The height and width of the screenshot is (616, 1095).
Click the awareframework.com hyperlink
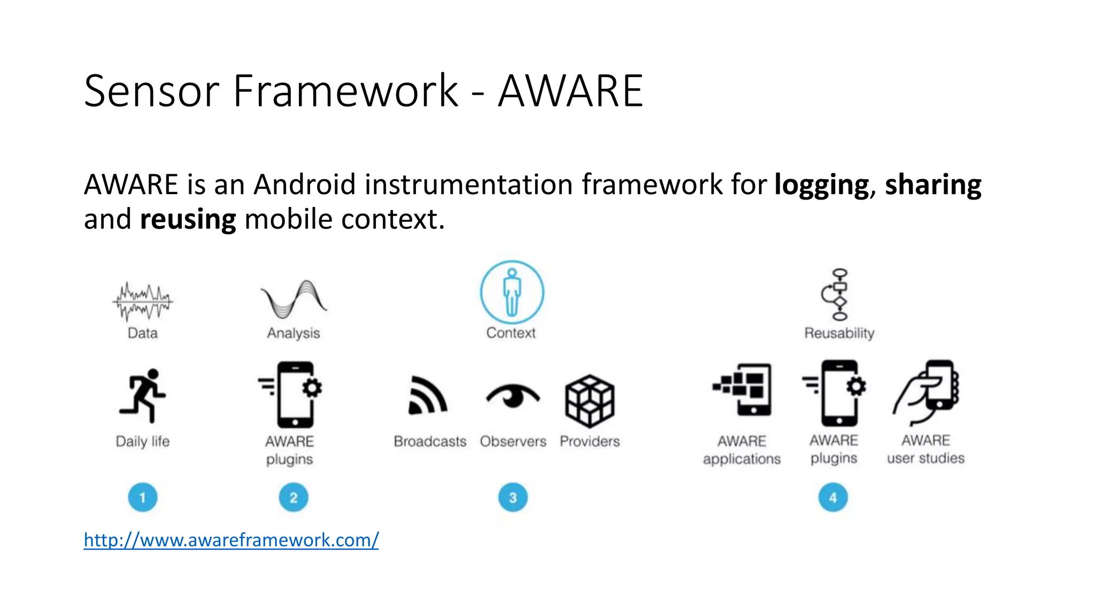pyautogui.click(x=231, y=540)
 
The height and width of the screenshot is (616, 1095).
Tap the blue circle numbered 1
pyautogui.click(x=143, y=498)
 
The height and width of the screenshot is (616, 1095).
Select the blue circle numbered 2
pyautogui.click(x=294, y=498)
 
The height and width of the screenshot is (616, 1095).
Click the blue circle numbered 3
pyautogui.click(x=513, y=498)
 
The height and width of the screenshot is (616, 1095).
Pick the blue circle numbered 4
pyautogui.click(x=833, y=498)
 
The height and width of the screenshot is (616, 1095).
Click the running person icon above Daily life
pyautogui.click(x=143, y=396)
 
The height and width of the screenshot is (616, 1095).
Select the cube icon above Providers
pyautogui.click(x=590, y=401)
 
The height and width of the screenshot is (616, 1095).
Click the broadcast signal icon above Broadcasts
pyautogui.click(x=427, y=396)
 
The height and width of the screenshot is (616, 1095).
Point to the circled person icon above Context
pyautogui.click(x=512, y=292)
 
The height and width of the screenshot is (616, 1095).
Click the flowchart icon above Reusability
pyautogui.click(x=838, y=295)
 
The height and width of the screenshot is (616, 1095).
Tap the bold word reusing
pyautogui.click(x=188, y=220)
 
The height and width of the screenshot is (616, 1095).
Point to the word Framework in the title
pyautogui.click(x=345, y=91)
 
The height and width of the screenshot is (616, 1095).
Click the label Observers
pyautogui.click(x=513, y=441)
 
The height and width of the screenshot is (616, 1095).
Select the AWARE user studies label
pyautogui.click(x=926, y=449)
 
